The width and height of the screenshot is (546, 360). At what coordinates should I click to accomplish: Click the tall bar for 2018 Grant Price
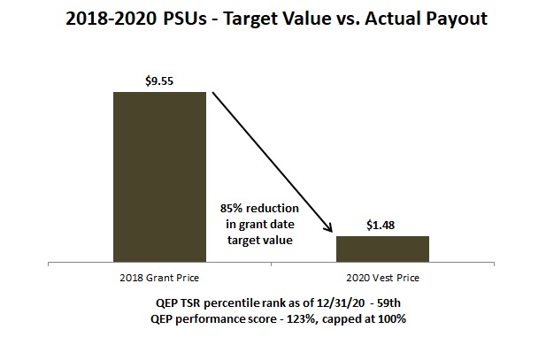point(159,177)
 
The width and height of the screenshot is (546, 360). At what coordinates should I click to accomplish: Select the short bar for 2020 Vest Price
point(382,249)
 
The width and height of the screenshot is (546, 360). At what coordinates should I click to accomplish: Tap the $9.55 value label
point(159,80)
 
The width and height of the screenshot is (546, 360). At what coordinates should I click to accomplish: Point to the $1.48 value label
point(382,225)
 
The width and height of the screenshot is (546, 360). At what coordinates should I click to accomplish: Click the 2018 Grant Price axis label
point(159,278)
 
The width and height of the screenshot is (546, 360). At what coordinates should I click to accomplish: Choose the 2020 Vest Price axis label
point(382,278)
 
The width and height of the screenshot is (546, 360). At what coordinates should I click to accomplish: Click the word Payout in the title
point(457,18)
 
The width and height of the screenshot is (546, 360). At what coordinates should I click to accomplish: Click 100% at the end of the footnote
point(389,318)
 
